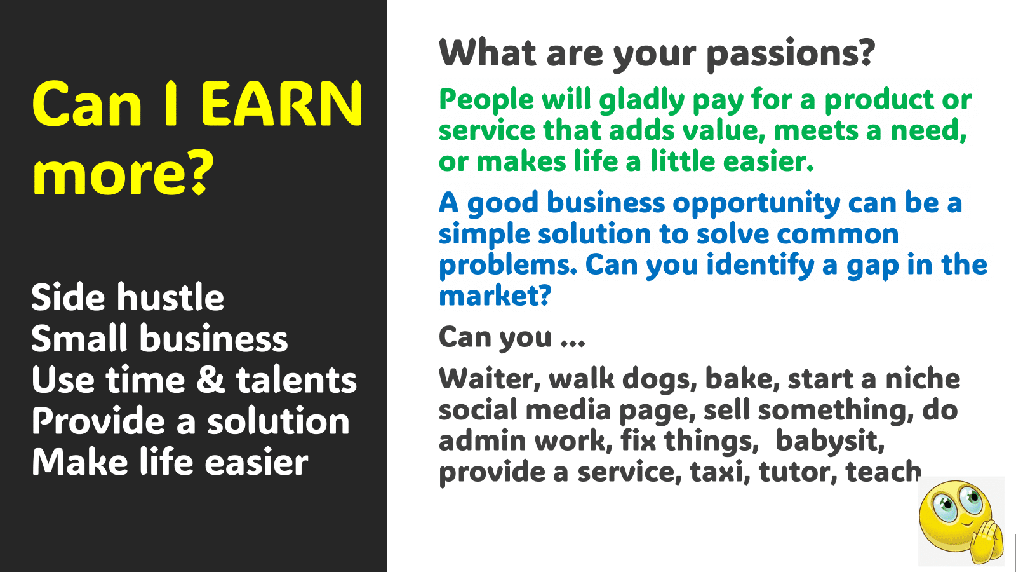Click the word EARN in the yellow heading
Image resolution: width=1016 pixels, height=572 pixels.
(x=281, y=104)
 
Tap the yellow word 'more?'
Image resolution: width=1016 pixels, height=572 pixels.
(x=123, y=172)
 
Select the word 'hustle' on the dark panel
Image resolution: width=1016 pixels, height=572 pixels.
(x=171, y=297)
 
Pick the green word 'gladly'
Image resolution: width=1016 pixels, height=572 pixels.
(x=642, y=100)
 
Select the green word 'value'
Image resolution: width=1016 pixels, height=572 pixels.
(x=722, y=130)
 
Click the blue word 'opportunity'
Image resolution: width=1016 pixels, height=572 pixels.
(x=756, y=204)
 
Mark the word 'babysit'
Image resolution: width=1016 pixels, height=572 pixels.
(x=829, y=441)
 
